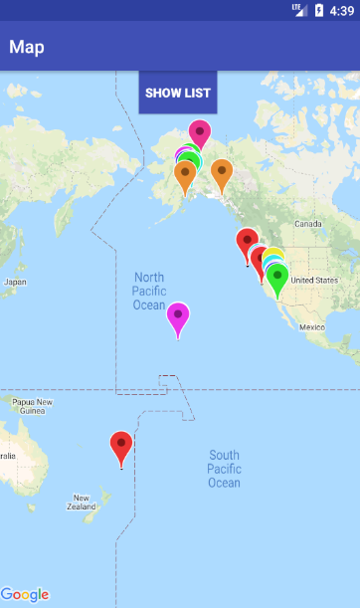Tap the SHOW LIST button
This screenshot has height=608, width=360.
(178, 93)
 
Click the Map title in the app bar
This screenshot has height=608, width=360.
(27, 47)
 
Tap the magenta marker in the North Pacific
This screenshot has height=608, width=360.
(178, 317)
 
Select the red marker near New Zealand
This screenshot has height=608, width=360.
(121, 446)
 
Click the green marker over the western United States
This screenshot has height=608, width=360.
(277, 278)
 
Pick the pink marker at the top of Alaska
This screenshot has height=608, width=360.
(200, 133)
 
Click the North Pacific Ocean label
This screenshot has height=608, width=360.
(149, 291)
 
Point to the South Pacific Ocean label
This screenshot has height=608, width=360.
(224, 469)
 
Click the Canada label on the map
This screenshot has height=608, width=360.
(308, 224)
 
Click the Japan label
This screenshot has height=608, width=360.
(15, 282)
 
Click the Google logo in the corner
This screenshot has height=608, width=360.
(25, 594)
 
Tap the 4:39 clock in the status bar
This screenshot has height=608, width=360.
(341, 11)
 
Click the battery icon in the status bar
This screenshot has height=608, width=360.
(319, 11)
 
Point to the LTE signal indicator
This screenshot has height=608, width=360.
(298, 10)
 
